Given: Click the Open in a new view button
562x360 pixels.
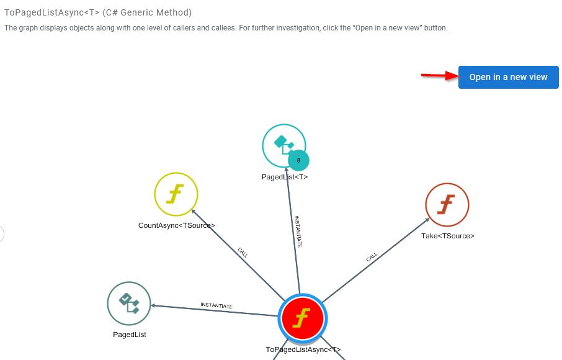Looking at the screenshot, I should click(508, 77).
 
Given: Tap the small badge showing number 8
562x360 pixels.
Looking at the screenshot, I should click(298, 160).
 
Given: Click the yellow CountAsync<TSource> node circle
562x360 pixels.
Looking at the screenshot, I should click(176, 194).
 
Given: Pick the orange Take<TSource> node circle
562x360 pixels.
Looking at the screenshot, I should click(447, 205).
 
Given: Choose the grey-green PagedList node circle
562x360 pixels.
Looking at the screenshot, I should click(129, 304).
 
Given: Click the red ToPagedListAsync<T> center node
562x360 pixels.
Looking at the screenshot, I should click(302, 318).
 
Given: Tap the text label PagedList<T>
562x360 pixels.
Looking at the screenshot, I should click(285, 177).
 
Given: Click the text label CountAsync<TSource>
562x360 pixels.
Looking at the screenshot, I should click(176, 225).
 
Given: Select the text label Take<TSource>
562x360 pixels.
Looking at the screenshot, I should click(448, 236).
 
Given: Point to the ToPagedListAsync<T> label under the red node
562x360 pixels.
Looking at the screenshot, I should click(303, 349).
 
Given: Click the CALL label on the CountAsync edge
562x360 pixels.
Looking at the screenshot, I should click(243, 252).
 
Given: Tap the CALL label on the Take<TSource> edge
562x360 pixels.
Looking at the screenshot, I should click(372, 256).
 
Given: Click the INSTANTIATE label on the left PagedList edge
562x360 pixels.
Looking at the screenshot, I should click(216, 305).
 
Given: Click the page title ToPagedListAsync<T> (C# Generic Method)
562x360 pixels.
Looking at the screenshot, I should click(98, 12).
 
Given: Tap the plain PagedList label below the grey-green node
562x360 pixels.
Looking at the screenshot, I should click(129, 335).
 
